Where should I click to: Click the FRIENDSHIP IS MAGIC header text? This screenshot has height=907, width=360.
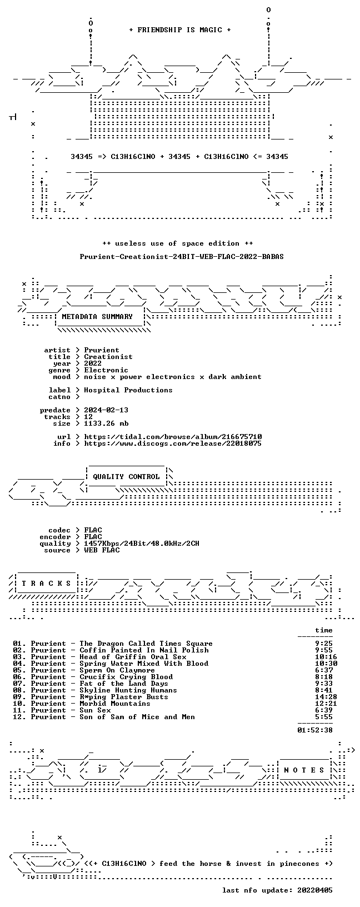point(180,30)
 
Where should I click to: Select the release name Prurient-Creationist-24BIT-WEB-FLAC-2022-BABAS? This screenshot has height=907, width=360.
point(182,257)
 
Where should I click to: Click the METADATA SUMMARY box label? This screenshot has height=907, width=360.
point(97,317)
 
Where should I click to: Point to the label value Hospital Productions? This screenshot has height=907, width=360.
point(128,390)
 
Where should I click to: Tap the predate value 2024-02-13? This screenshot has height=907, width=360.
point(106,410)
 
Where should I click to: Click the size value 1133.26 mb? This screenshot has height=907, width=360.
point(106,423)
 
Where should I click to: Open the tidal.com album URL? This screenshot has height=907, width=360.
point(173,437)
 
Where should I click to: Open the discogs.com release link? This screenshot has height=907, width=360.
point(173,444)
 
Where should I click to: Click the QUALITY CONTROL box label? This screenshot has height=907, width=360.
point(126,477)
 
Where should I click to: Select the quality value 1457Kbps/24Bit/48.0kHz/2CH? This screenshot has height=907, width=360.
point(142,544)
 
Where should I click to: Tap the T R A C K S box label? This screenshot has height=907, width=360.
point(46,584)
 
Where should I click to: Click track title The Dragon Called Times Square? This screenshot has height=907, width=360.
point(146,644)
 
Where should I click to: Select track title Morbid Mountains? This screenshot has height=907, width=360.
point(115,704)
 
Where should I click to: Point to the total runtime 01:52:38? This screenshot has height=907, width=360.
point(315,730)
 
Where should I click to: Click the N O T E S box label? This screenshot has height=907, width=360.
point(304,770)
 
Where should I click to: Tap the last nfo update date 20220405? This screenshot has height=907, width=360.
point(315,890)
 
